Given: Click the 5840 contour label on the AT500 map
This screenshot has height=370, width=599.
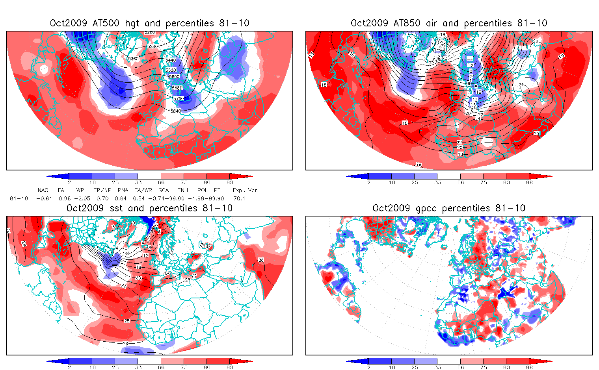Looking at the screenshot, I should tap(176, 111).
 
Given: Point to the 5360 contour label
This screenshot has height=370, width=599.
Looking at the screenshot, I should tap(134, 59).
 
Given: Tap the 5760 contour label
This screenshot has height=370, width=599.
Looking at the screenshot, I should tap(179, 98).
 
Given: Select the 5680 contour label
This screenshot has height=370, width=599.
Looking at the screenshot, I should tap(177, 88).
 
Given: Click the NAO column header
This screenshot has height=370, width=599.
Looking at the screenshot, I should tap(43, 190).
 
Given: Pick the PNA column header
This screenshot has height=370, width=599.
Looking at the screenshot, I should tap(123, 190).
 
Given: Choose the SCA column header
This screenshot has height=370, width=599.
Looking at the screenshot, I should tap(164, 190).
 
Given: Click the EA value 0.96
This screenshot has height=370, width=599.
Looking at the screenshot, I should tap(64, 198).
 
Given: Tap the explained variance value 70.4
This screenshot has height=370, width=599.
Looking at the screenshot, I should tap(239, 198).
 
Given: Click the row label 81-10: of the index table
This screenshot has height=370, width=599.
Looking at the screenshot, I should tap(20, 198).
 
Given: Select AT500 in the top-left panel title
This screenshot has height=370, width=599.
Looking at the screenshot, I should tap(106, 23).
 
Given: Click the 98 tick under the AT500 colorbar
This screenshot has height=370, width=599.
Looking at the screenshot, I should tap(230, 182).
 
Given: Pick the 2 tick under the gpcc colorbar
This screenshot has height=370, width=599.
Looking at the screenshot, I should tap(369, 367).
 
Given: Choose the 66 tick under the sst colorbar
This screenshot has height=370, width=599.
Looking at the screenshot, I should tap(161, 367).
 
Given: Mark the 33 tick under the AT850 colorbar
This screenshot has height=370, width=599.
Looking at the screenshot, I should tap(437, 182).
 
